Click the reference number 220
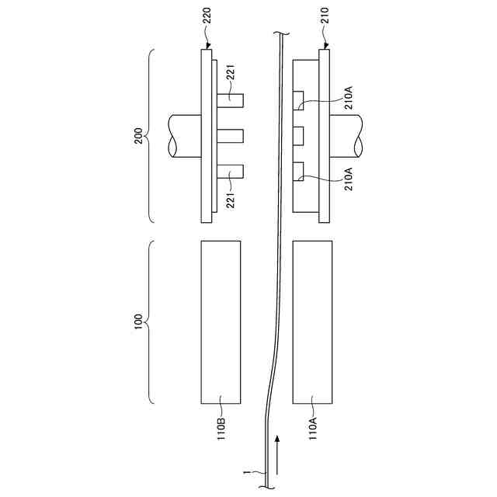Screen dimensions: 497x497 point(207,16)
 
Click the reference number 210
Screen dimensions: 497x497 point(325,16)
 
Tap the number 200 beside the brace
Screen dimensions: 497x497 point(138,136)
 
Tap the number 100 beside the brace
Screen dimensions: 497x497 point(138,321)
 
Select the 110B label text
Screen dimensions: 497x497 point(221,429)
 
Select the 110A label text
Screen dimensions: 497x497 point(313,429)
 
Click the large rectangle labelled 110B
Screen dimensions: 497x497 point(221,322)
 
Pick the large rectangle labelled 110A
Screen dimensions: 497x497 point(312,322)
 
